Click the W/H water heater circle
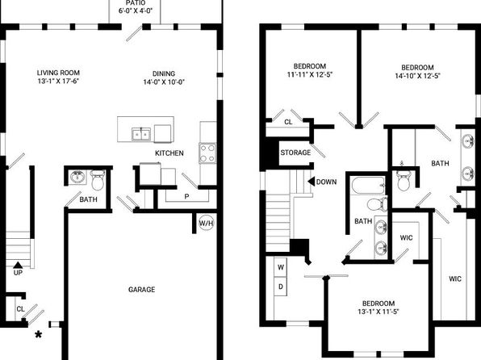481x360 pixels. (206, 223)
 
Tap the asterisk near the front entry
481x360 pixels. (39, 334)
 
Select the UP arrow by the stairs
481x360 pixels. (18, 265)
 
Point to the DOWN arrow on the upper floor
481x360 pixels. (311, 182)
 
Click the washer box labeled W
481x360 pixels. (280, 267)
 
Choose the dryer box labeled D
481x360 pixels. (280, 287)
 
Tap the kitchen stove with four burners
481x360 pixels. (207, 153)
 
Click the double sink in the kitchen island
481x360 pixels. (141, 134)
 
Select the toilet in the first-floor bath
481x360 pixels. (98, 180)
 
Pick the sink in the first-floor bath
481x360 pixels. (77, 178)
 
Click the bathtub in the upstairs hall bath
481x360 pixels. (368, 186)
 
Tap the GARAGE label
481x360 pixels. (142, 290)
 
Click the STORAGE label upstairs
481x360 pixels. (295, 153)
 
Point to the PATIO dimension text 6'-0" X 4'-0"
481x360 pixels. (136, 10)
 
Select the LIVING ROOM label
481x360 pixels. (58, 73)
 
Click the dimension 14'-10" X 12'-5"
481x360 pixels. (417, 76)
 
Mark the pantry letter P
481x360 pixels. (186, 196)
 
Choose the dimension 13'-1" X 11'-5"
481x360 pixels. (379, 312)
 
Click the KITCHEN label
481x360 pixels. (169, 153)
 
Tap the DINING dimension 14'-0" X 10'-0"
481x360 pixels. (164, 82)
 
